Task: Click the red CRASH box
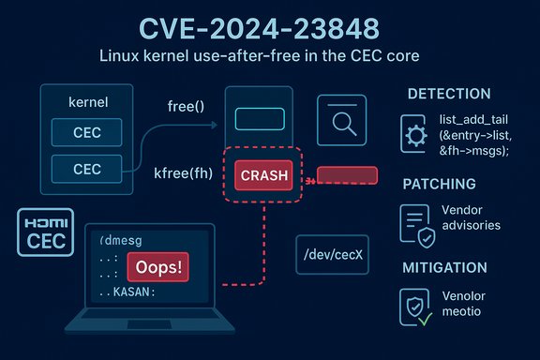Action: (257, 174)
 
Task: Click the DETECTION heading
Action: (449, 94)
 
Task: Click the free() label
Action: (185, 106)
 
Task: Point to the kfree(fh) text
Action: (184, 174)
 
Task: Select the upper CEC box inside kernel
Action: (86, 133)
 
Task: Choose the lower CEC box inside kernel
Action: (86, 170)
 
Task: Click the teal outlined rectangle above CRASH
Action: (257, 119)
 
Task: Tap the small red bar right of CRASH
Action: (347, 175)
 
